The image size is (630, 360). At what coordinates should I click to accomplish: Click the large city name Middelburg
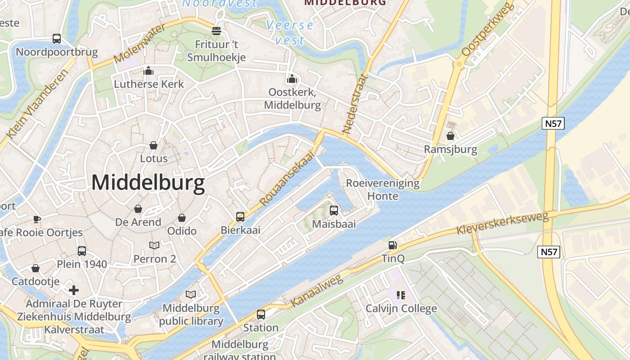pos(148,183)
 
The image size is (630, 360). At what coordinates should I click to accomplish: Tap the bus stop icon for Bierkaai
pos(240,217)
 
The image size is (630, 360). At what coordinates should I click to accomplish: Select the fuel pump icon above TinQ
pos(393,245)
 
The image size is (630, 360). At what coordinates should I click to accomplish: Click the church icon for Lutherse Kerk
pos(148,71)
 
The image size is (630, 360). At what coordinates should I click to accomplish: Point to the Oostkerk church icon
pos(292,79)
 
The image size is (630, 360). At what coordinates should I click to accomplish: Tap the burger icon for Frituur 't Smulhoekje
pos(216,31)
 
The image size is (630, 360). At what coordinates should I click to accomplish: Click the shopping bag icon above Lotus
pos(153,145)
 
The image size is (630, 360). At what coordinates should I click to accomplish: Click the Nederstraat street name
pos(355,104)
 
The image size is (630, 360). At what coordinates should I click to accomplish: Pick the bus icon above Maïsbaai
pos(334,210)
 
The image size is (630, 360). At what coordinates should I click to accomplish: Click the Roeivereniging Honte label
pos(382,189)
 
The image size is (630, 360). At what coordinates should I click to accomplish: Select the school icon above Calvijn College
pos(400,295)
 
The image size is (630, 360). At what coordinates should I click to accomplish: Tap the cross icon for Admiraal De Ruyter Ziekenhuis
pos(74,290)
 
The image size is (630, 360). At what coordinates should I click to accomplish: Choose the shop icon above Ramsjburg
pos(450,135)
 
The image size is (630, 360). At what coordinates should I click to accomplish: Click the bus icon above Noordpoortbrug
pos(57,39)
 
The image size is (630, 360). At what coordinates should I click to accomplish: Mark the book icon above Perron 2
pos(154,245)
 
